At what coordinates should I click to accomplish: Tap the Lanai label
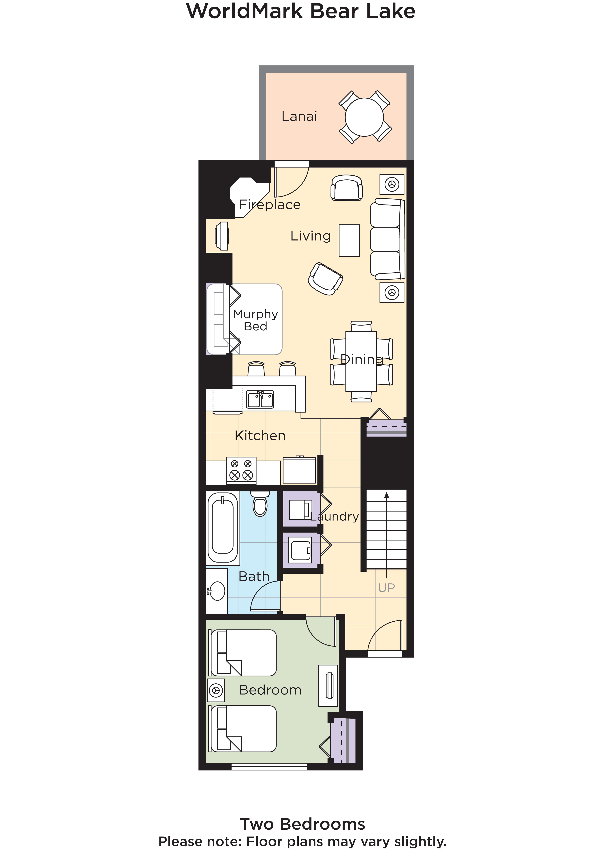[299, 117]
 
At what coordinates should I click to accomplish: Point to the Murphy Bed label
[255, 320]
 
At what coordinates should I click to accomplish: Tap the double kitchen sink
[260, 399]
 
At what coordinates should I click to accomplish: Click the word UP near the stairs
[386, 588]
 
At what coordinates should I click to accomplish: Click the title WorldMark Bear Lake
[301, 11]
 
